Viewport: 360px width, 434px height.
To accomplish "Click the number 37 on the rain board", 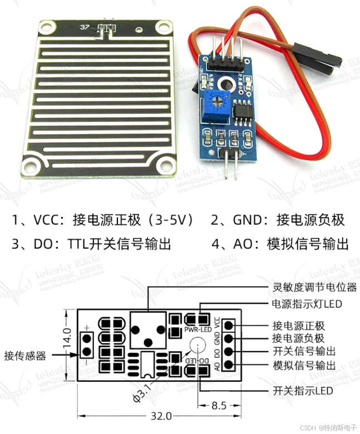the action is tap(85, 27).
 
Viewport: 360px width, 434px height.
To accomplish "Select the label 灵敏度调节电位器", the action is tap(315, 288).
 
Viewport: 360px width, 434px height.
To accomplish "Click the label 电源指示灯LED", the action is tap(306, 304).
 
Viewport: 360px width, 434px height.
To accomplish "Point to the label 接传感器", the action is tap(26, 355).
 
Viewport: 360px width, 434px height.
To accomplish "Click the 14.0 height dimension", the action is tap(66, 338).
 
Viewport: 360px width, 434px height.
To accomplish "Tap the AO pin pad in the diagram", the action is tap(229, 365).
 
